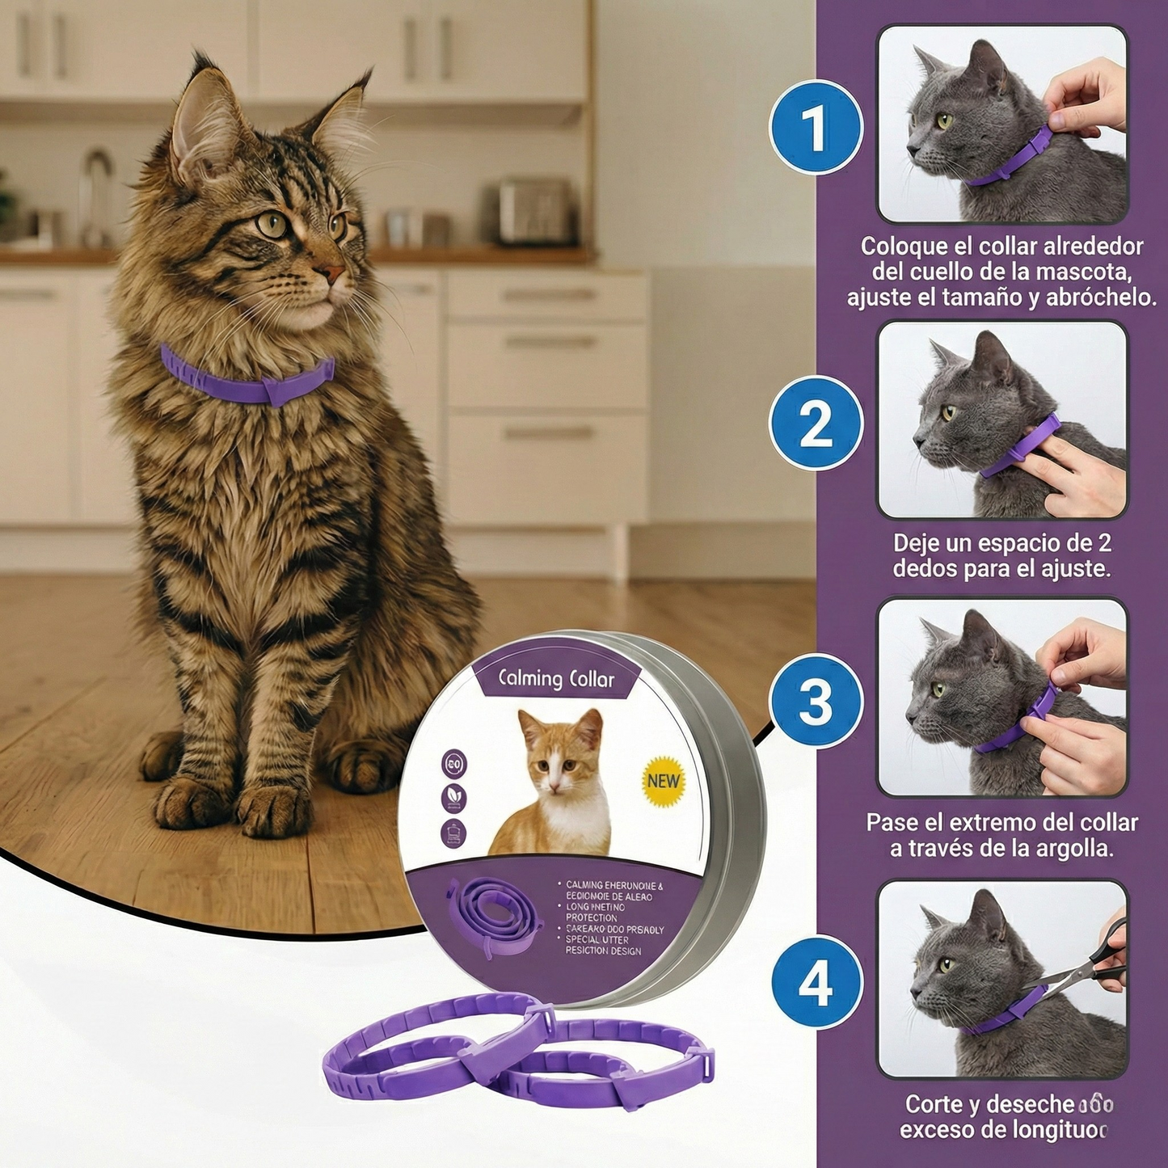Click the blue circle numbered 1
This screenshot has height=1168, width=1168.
pos(815,128)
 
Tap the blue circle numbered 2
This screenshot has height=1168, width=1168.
pos(815,423)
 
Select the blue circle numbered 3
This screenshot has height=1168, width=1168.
pos(815,701)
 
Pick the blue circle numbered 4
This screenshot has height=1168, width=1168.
pos(815,984)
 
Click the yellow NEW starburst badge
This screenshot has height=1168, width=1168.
pos(664,781)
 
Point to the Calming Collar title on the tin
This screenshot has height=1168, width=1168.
pos(556,679)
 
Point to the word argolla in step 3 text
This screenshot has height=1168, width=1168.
pos(1070,849)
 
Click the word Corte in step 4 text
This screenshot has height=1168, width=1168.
pos(934,1103)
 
